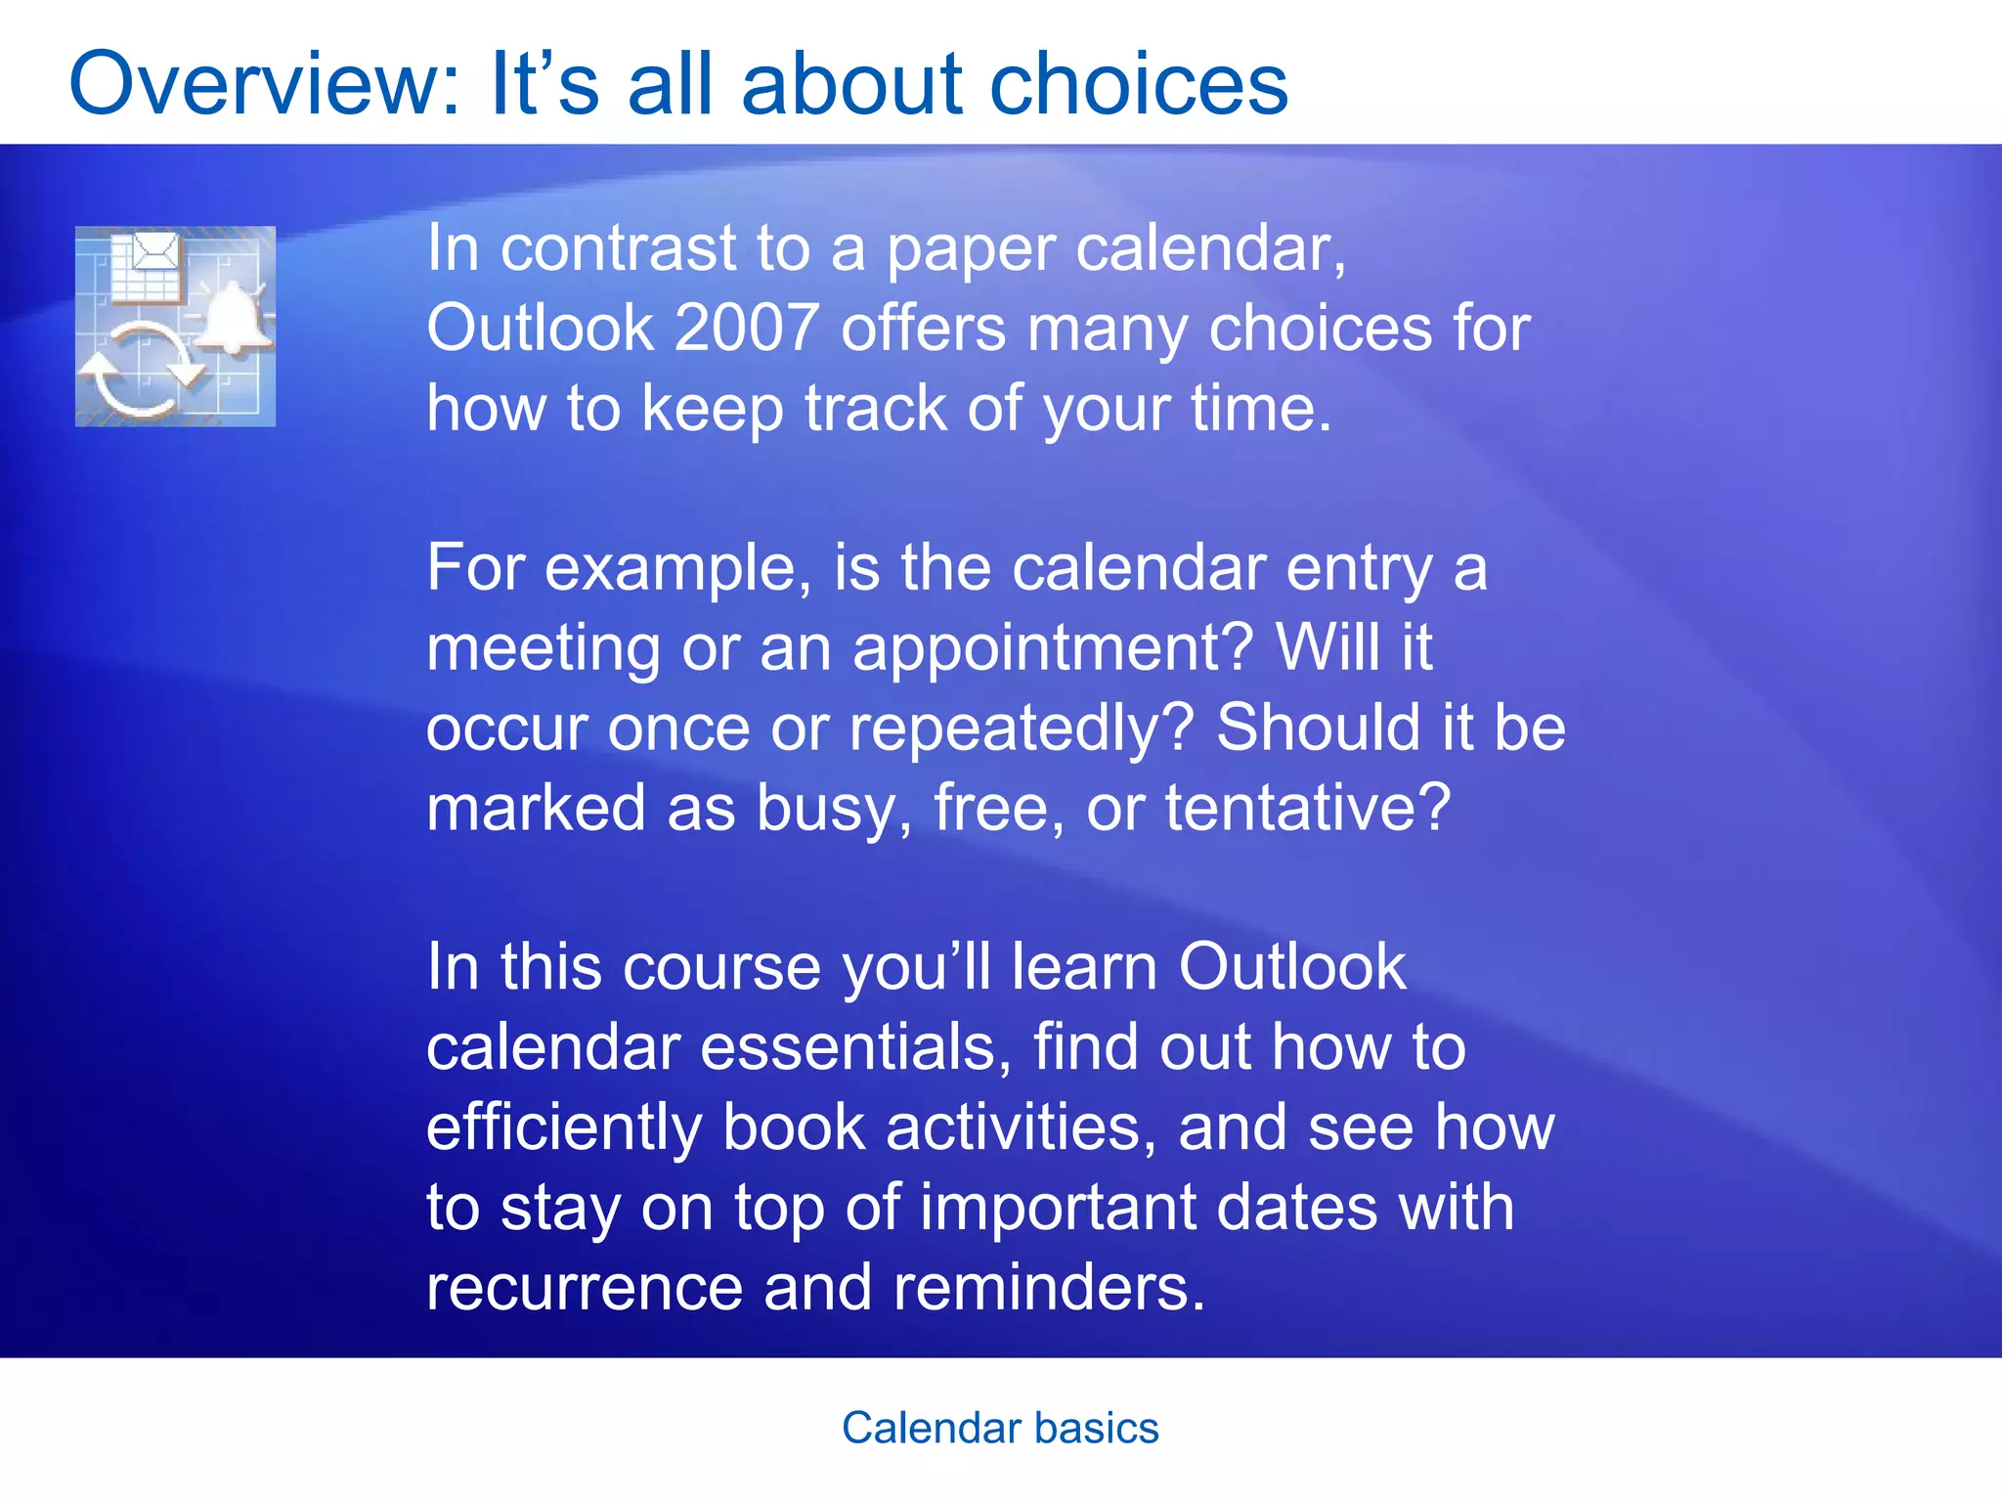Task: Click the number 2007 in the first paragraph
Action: tap(747, 328)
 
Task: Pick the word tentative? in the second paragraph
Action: tap(1307, 810)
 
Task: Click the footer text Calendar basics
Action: tap(1000, 1429)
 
